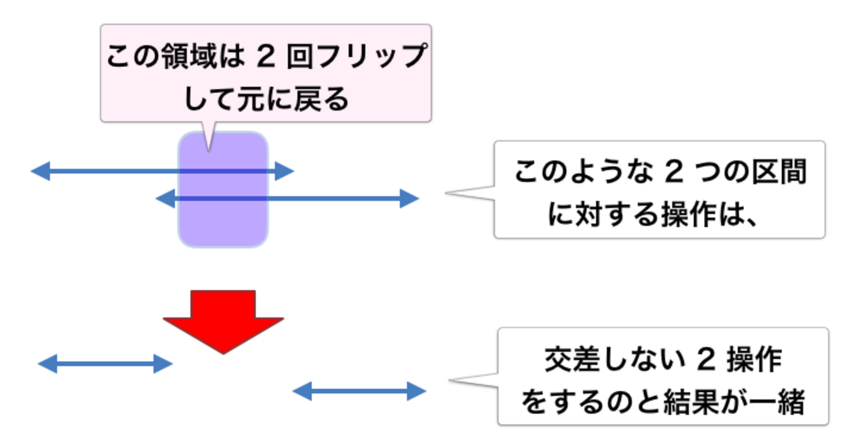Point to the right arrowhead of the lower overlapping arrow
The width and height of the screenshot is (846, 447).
click(x=409, y=198)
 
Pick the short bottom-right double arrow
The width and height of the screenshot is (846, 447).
click(x=359, y=391)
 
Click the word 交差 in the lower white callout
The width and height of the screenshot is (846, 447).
click(x=572, y=359)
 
